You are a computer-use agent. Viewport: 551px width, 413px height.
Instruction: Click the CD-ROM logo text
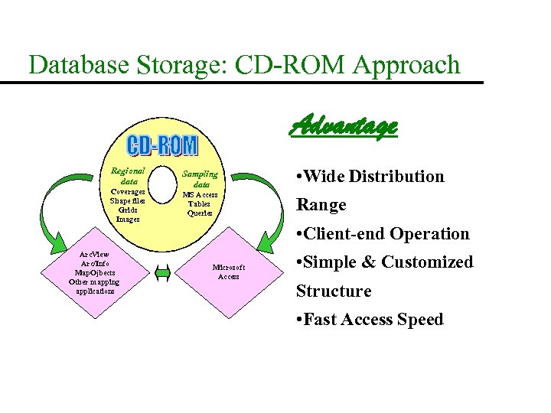click(161, 145)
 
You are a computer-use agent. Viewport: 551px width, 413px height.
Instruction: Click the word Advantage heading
click(344, 125)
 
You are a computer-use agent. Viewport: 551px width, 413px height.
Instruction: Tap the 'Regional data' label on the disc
click(128, 177)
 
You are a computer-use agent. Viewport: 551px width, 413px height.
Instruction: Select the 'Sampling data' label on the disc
click(201, 179)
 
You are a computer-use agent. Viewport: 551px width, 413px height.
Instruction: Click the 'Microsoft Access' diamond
click(228, 272)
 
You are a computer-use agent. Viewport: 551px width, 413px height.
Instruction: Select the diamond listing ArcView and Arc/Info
click(93, 272)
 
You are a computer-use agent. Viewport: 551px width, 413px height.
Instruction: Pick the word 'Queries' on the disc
click(200, 213)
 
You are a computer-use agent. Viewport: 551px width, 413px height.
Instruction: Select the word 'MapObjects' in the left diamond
click(93, 272)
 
